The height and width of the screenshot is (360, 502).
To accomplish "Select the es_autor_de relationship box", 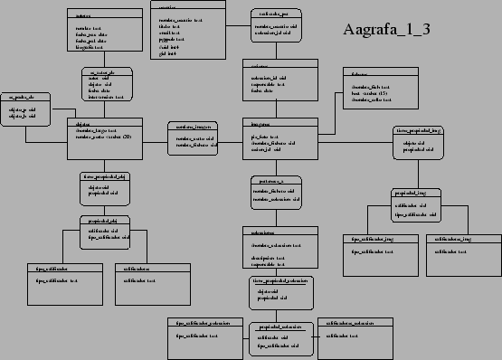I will [x=106, y=83].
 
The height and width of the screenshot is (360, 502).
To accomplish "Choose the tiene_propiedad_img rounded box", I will [x=420, y=143].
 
